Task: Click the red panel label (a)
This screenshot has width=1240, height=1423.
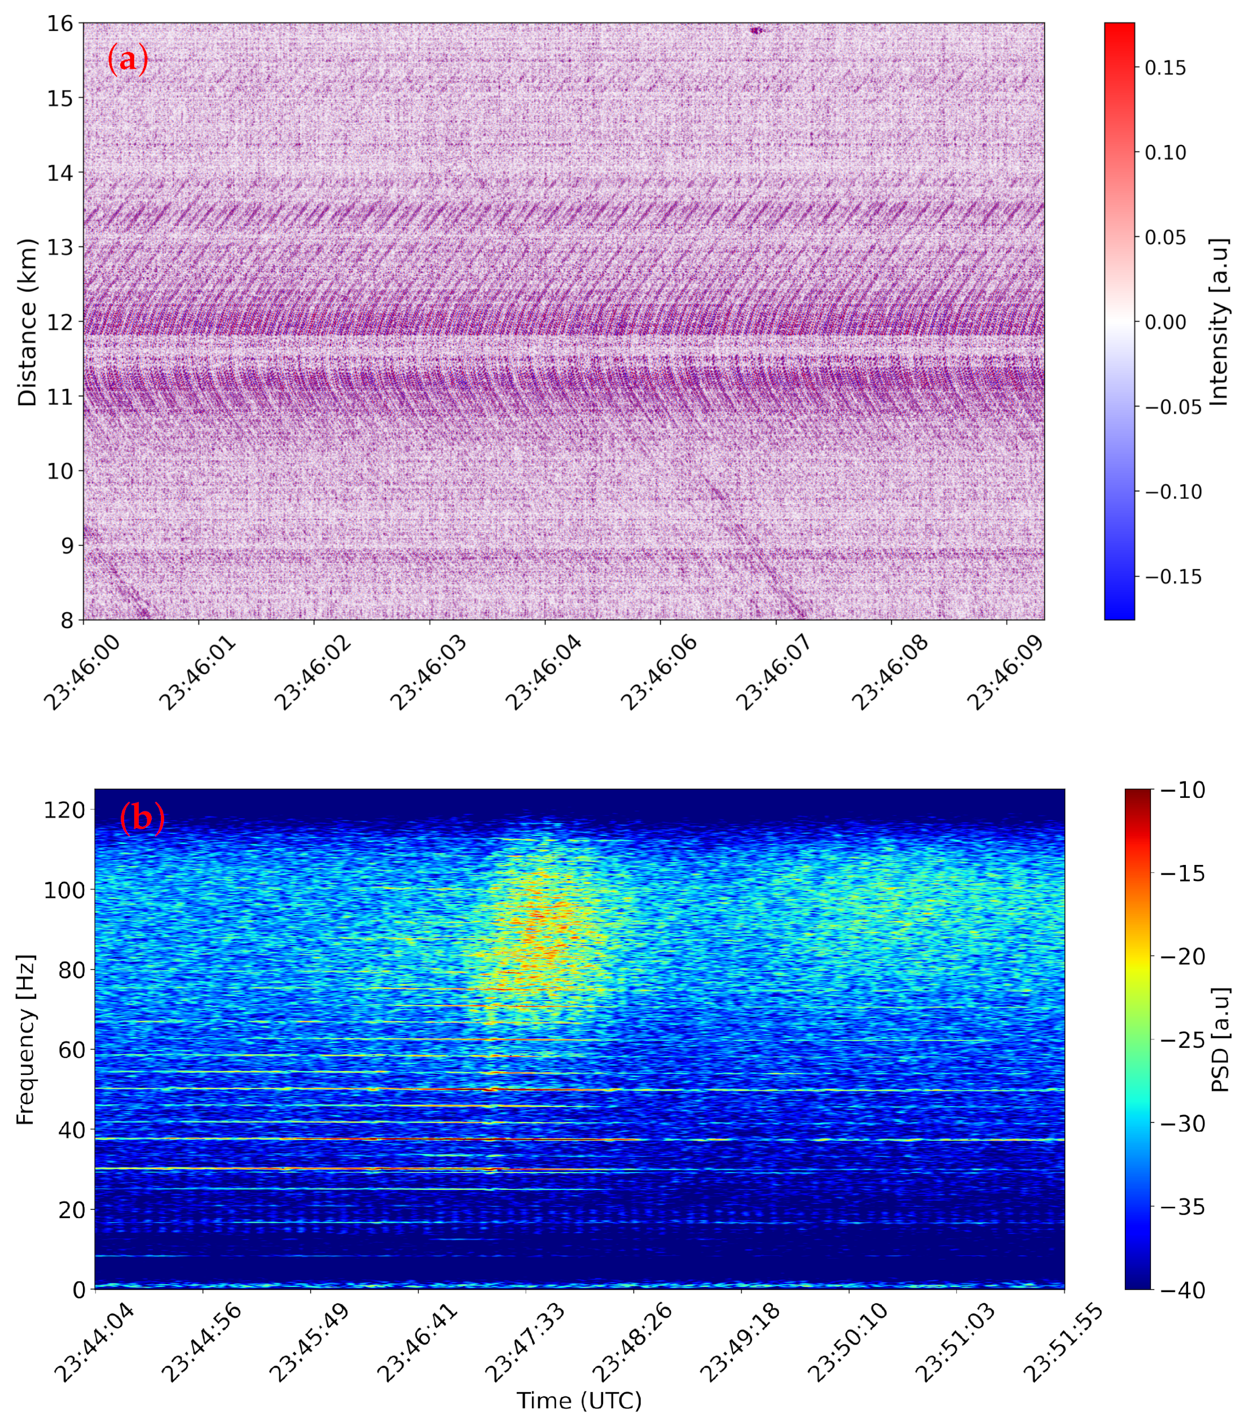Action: (x=127, y=59)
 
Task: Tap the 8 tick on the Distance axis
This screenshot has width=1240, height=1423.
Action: (x=67, y=620)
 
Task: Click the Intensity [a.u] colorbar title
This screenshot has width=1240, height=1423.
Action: (x=1219, y=322)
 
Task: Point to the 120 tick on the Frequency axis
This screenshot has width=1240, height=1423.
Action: (x=64, y=809)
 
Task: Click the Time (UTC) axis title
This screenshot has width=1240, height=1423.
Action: (x=579, y=1401)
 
